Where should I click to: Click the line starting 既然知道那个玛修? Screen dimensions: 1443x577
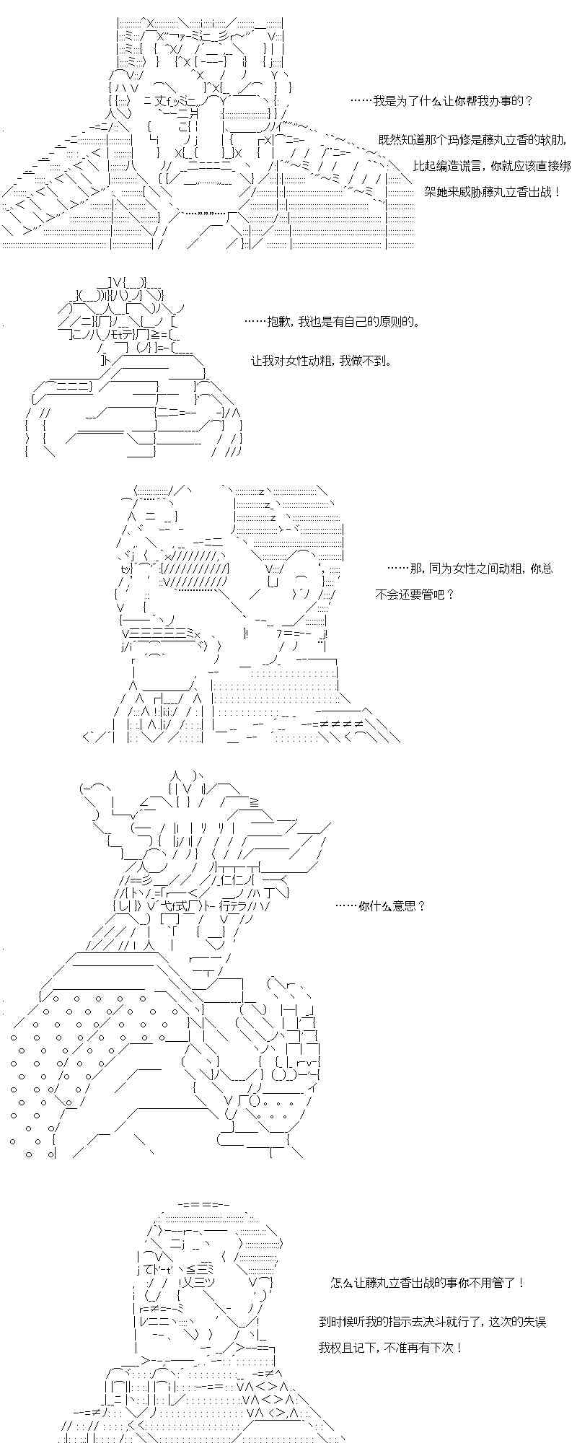(474, 139)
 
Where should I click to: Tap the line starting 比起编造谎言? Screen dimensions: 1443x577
(491, 165)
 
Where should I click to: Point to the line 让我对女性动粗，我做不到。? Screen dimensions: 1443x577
(321, 360)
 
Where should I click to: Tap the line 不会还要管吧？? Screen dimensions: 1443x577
(415, 595)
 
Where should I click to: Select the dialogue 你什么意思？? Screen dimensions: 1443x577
(381, 906)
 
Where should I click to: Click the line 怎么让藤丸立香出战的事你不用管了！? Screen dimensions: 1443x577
(428, 1283)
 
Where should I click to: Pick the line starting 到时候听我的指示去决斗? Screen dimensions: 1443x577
(431, 1321)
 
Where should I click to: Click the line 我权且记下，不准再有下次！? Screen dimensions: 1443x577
(389, 1347)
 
